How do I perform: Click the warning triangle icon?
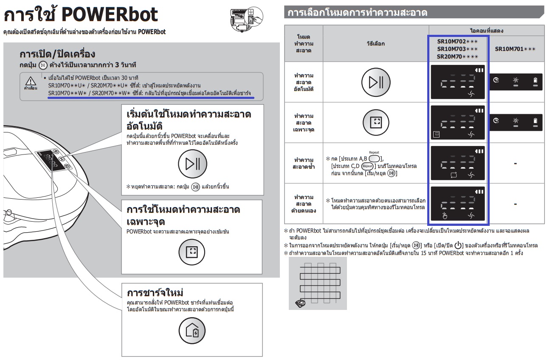31,81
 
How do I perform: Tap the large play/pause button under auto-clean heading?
192,164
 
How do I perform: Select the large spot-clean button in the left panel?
192,252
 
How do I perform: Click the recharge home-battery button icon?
192,330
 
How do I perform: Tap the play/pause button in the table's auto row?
376,82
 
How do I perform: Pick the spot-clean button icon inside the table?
376,122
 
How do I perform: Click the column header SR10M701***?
515,49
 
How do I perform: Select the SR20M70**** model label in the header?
457,56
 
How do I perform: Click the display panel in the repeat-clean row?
458,163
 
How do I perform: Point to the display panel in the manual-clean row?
458,203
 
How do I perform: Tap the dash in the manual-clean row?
515,204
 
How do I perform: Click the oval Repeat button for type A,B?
374,159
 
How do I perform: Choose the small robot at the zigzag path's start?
300,304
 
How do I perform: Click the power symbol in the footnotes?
458,245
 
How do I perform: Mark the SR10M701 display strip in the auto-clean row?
516,82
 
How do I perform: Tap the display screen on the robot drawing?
49,160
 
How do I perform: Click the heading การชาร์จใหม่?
155,292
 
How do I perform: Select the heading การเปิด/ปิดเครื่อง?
57,54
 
